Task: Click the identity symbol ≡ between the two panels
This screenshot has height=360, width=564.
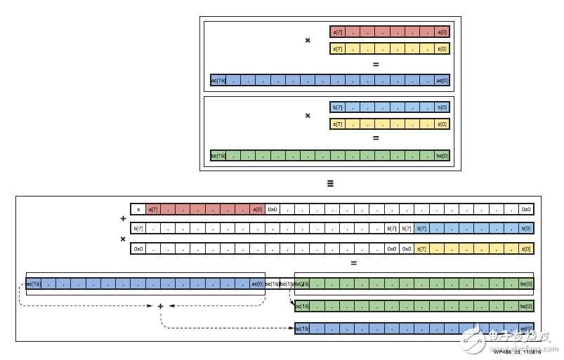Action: pyautogui.click(x=329, y=183)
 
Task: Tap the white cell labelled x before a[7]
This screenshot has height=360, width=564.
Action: pyautogui.click(x=138, y=209)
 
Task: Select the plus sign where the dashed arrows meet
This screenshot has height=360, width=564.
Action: pyautogui.click(x=160, y=306)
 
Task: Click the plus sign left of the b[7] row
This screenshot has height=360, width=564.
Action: pyautogui.click(x=123, y=218)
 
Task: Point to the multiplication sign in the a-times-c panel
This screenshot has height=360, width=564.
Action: pyautogui.click(x=307, y=40)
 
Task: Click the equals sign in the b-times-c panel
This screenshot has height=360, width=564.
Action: pyautogui.click(x=376, y=138)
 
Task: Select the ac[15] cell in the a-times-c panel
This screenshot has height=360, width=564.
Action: pyautogui.click(x=218, y=80)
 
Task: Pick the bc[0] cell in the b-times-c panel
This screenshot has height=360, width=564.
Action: pyautogui.click(x=442, y=155)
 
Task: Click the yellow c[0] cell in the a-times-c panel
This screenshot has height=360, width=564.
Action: pyautogui.click(x=442, y=48)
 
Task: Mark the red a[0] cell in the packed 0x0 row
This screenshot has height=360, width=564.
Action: pyautogui.click(x=258, y=209)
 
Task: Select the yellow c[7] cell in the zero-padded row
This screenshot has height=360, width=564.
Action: pyautogui.click(x=421, y=248)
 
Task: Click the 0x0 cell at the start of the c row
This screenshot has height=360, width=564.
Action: pyautogui.click(x=138, y=248)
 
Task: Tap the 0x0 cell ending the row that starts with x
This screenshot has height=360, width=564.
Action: pyautogui.click(x=525, y=209)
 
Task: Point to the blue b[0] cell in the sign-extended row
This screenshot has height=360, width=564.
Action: pyautogui.click(x=525, y=228)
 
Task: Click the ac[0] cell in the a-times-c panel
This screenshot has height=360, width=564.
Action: pyautogui.click(x=442, y=80)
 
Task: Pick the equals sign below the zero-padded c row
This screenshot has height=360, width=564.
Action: pyautogui.click(x=353, y=263)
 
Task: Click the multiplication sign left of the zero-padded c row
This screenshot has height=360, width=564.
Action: pyautogui.click(x=123, y=239)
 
